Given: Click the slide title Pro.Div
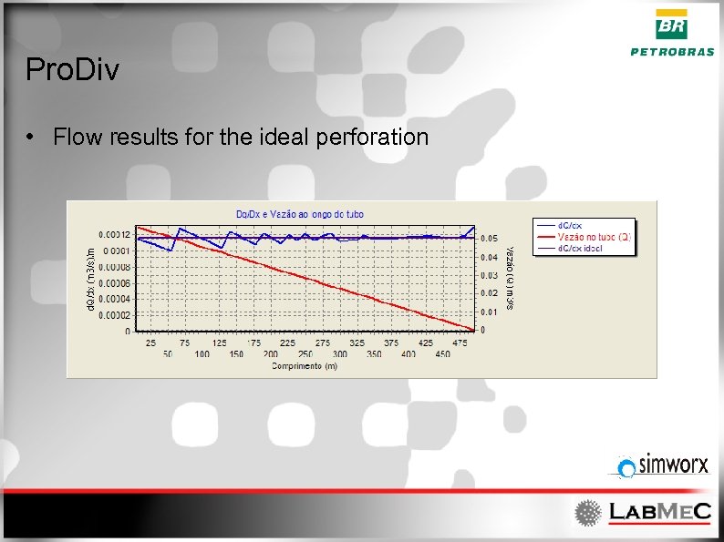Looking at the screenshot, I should coord(72,70).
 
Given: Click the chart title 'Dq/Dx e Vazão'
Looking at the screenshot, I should coord(300,213).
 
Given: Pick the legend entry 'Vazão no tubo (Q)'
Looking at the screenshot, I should coord(594,236).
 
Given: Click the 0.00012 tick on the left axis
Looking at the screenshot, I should coord(116,235).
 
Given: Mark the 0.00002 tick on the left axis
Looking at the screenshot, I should coord(116,315).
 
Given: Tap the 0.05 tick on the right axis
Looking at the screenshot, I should coord(490,239).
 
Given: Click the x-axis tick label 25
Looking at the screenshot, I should coord(150,343).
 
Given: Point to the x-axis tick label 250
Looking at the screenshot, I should coord(305,353).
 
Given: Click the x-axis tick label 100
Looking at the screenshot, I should coord(202,353).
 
